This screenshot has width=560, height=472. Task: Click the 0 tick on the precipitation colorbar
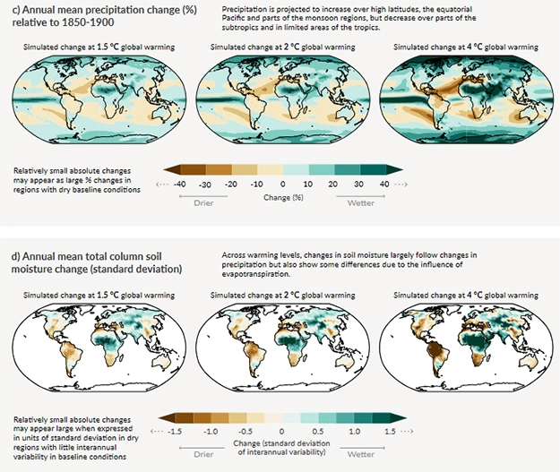point(282,184)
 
